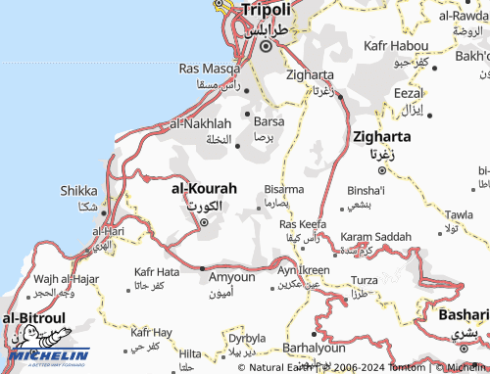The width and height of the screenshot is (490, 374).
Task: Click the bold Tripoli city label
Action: coord(266,9)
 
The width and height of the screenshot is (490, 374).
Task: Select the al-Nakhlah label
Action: coord(201,123)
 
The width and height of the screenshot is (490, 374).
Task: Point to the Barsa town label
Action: coord(269,121)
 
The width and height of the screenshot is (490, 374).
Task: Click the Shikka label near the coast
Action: coord(78,190)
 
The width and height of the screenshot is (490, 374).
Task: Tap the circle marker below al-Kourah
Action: coord(204,222)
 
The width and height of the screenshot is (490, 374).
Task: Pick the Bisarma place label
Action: coord(284,188)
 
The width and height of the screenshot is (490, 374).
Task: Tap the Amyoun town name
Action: coord(232,277)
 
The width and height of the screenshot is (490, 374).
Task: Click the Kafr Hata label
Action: coord(157,271)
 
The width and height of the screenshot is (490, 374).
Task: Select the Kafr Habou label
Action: coord(395,46)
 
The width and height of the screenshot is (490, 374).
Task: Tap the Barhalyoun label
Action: coord(316,348)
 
